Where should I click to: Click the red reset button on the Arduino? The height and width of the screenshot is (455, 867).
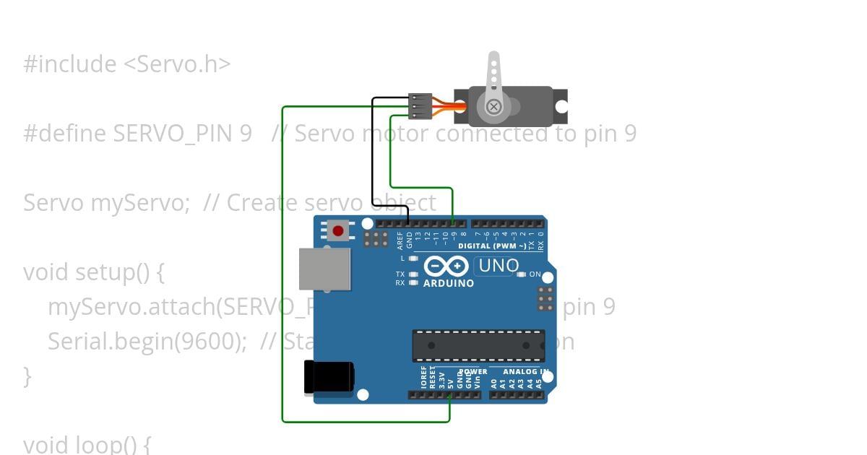point(337,231)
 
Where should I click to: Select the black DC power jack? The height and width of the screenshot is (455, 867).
point(329,377)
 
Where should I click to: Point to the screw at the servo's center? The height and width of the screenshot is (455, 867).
point(493,107)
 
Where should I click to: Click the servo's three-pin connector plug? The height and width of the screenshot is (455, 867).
point(420,106)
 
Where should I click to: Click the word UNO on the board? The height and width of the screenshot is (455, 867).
point(499,266)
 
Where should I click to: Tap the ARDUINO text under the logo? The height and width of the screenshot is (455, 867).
point(449,283)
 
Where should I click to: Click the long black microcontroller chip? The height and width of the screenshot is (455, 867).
point(478,345)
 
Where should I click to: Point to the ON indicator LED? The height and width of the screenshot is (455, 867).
point(522,274)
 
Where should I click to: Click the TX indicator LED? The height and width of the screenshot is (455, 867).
point(413,274)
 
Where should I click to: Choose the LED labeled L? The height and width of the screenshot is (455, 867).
point(413,258)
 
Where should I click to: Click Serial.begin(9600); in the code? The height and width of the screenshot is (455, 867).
point(147,341)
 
